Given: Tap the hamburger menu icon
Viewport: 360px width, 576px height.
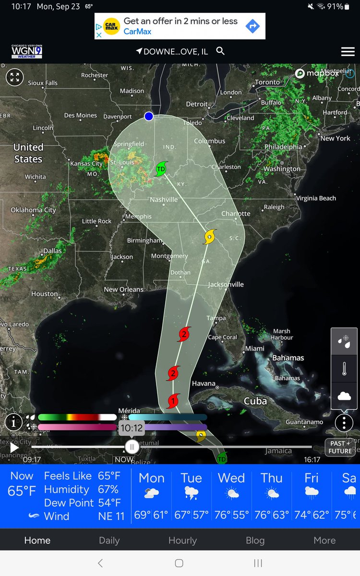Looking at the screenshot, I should click(x=348, y=52).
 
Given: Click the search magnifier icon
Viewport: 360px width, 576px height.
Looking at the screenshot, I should click(x=220, y=51).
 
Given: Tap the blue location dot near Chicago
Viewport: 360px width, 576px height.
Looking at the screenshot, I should click(x=149, y=116).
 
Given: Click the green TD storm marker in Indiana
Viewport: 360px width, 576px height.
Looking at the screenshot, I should click(x=161, y=169).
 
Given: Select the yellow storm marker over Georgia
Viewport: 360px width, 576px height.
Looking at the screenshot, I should click(x=209, y=237).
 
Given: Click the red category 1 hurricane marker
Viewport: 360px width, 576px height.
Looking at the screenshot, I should click(x=173, y=400).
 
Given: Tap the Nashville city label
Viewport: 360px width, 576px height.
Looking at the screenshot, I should click(x=164, y=200).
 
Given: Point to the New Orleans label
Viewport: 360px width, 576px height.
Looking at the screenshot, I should click(x=124, y=289).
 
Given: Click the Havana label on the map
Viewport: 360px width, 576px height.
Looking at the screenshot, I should click(x=204, y=384).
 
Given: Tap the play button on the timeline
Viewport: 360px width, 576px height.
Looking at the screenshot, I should click(x=14, y=448).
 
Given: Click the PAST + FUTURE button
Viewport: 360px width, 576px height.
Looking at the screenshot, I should click(x=340, y=447).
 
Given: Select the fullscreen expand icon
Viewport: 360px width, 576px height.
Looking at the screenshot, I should click(x=14, y=77).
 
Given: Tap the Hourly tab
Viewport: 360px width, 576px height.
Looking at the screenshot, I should click(x=182, y=540).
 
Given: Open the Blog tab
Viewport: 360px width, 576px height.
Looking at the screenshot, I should click(x=255, y=540).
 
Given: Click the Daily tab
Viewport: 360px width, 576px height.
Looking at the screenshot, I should click(x=109, y=540).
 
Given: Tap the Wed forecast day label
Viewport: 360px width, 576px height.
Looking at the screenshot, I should click(x=231, y=478).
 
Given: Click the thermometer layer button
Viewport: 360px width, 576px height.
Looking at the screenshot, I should click(x=344, y=369).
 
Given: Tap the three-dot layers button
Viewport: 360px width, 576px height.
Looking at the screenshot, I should click(x=344, y=423).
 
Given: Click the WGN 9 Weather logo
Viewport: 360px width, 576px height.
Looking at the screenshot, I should click(x=27, y=51).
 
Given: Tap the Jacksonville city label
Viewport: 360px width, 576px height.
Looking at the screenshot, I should click(x=226, y=285).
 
